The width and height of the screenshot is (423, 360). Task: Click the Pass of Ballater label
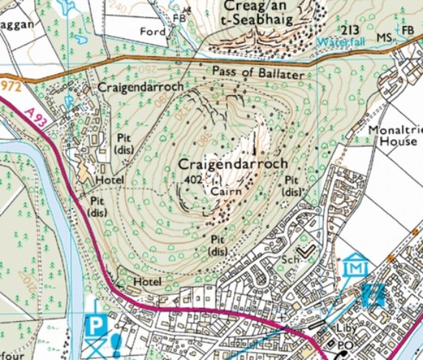264,71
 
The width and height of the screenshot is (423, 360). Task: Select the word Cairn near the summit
225,192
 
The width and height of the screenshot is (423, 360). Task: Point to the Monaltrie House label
392,137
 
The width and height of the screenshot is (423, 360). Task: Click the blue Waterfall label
339,42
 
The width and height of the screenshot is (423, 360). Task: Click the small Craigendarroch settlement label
140,86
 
